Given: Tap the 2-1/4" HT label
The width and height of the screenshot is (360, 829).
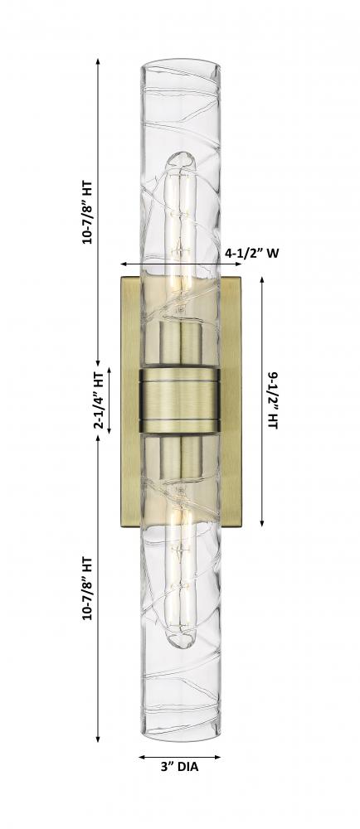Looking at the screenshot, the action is point(99,400).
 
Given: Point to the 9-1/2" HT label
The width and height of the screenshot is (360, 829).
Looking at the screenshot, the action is point(273,400).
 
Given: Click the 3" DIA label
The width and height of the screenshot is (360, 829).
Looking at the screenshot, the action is point(180,767).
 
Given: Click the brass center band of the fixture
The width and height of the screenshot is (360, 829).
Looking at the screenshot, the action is point(180,400).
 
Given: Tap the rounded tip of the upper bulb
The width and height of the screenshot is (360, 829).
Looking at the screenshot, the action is point(180,158).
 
